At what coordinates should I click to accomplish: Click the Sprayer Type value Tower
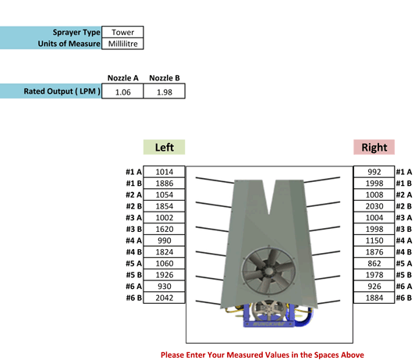point(122,32)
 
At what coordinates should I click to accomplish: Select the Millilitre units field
point(122,44)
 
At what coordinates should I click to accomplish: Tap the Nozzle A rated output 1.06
point(122,91)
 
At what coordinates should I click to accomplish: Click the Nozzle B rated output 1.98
point(165,91)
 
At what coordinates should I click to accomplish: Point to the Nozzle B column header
point(165,78)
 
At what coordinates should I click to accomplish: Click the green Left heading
point(164,147)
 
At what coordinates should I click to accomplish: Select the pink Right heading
point(374,147)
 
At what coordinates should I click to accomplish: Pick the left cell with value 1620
point(164,229)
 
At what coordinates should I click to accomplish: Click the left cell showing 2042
point(164,298)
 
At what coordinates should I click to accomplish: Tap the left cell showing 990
point(164,241)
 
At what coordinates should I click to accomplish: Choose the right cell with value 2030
point(374,206)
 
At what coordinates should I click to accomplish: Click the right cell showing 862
point(374,263)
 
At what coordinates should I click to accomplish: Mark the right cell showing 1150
point(374,241)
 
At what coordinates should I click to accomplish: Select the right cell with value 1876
point(374,251)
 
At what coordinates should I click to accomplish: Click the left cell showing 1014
point(164,172)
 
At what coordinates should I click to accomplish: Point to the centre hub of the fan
point(268,271)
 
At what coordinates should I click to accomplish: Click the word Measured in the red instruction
point(242,355)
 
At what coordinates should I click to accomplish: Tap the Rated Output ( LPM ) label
point(62,91)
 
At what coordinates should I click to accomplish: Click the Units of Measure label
point(69,44)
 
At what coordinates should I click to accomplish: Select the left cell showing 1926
point(164,275)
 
